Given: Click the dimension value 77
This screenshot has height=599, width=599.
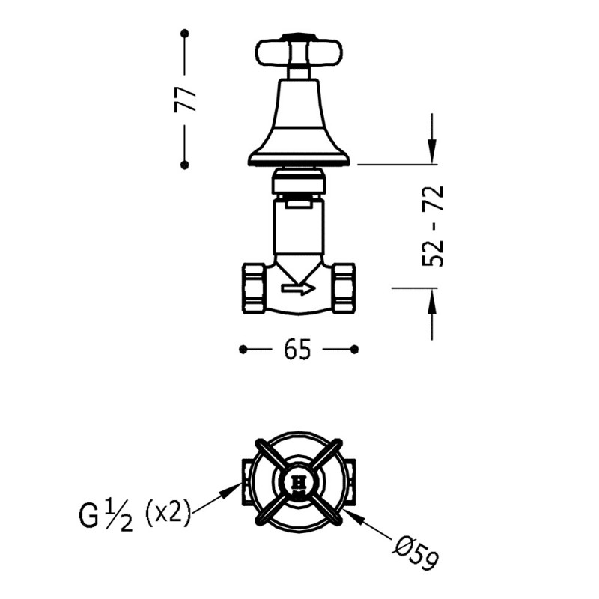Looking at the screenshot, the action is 185,99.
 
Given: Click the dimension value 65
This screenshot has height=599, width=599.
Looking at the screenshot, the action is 297,350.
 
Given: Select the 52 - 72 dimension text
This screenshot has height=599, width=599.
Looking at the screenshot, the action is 433,226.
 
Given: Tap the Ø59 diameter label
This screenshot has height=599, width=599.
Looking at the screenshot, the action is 416,553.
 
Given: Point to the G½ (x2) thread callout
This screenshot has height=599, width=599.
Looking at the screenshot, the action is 135,515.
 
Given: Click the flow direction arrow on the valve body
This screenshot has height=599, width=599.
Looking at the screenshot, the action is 298,288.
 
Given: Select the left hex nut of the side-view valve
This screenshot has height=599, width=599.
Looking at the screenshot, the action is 255,288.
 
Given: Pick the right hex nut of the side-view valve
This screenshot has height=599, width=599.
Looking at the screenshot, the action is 344,288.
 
